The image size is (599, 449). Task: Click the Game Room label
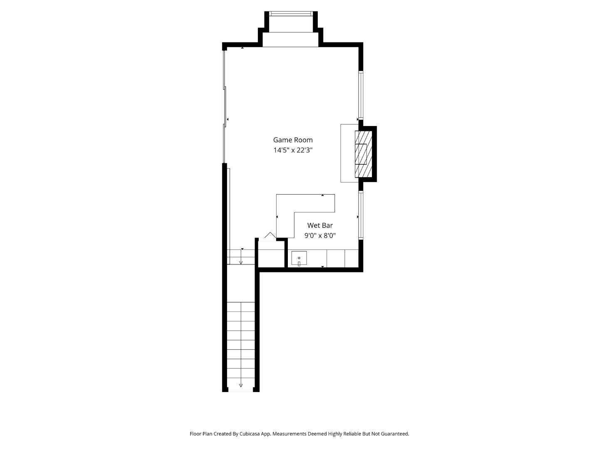coord(293,140)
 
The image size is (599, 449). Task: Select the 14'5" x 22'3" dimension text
coord(293,150)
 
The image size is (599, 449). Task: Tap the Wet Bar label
coord(320,225)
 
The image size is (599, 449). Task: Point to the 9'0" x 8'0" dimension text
coord(320,236)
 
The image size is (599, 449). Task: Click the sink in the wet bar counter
coord(299,259)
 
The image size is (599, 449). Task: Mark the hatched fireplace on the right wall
coord(363,154)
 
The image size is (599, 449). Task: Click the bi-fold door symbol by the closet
coord(270,236)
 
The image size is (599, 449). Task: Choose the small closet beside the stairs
coord(271,254)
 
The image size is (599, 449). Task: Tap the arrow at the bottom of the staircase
coord(241,385)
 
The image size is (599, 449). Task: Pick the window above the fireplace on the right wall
coord(361,96)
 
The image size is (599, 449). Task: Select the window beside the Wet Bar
coord(361,215)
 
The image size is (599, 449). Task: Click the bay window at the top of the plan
coord(291,14)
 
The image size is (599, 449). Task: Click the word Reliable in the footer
coord(352,434)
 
